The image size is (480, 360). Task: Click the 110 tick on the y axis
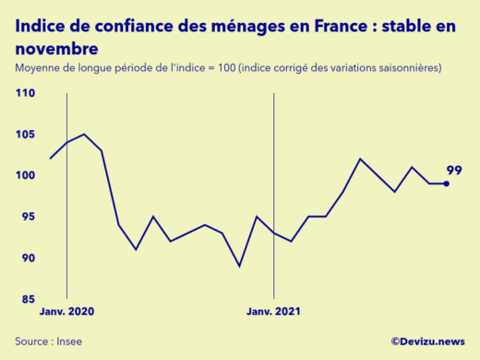[x=25, y=93]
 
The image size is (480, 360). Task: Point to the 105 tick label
[x=25, y=135]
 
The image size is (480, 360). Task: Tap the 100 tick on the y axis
[x=25, y=175]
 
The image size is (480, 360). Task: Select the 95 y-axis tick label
[x=27, y=217]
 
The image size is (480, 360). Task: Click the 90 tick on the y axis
[x=27, y=258]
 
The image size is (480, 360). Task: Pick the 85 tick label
[x=27, y=299]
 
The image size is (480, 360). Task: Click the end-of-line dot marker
[x=447, y=184]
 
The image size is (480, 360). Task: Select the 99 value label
[x=454, y=170]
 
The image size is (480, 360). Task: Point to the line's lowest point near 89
[x=239, y=266]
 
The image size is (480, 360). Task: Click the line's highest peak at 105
[x=84, y=134]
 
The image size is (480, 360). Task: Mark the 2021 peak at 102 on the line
[x=360, y=159]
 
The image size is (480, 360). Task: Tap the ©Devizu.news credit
[x=427, y=342]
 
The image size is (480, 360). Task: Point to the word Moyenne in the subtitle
[x=38, y=68]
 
